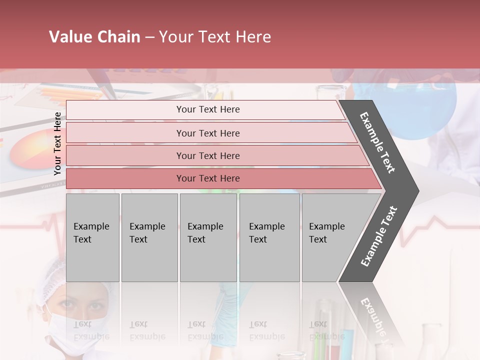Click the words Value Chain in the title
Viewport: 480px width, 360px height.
(x=94, y=37)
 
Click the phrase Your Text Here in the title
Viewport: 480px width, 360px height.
(x=215, y=37)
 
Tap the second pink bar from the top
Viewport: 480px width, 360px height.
(x=207, y=133)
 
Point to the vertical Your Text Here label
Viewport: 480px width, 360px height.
(x=57, y=143)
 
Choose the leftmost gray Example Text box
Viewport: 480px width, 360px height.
(x=92, y=237)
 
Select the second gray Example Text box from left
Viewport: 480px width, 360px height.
(x=149, y=237)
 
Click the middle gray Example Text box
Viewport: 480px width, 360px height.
(x=208, y=237)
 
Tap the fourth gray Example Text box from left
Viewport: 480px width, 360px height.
(x=269, y=237)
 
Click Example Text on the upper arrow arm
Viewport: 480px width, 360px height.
(x=377, y=142)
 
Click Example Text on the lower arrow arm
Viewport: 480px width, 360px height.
(x=378, y=236)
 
